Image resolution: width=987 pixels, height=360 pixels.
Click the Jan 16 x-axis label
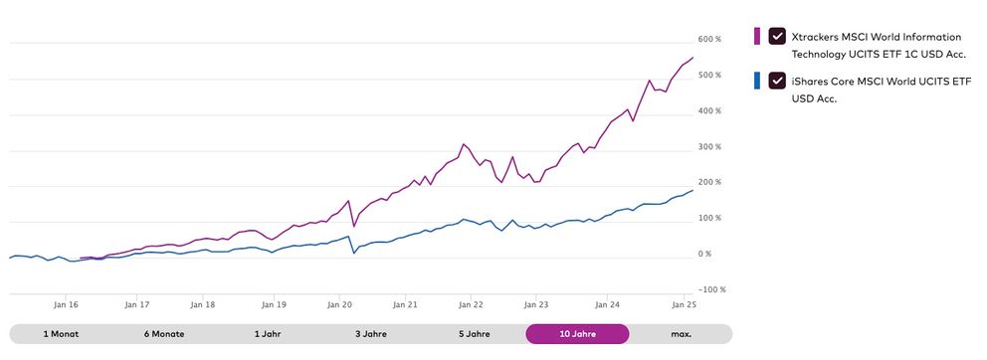click(68, 306)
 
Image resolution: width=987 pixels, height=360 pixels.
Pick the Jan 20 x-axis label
click(339, 306)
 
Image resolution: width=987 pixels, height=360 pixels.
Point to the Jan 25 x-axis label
click(684, 306)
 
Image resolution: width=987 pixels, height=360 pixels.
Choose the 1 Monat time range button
click(61, 334)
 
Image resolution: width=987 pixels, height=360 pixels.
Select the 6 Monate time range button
click(165, 334)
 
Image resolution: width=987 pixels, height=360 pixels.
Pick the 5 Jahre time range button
click(474, 334)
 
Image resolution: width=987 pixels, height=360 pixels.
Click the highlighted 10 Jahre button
click(577, 334)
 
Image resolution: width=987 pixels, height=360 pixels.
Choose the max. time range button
click(681, 334)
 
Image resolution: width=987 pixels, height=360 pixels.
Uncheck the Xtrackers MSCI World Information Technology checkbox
click(777, 36)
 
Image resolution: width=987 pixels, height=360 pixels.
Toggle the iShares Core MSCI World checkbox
click(777, 80)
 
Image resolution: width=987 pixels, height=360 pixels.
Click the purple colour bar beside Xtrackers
click(757, 36)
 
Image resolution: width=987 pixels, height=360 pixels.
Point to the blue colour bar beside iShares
click(757, 80)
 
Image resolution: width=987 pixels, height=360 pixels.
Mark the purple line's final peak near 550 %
click(692, 57)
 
